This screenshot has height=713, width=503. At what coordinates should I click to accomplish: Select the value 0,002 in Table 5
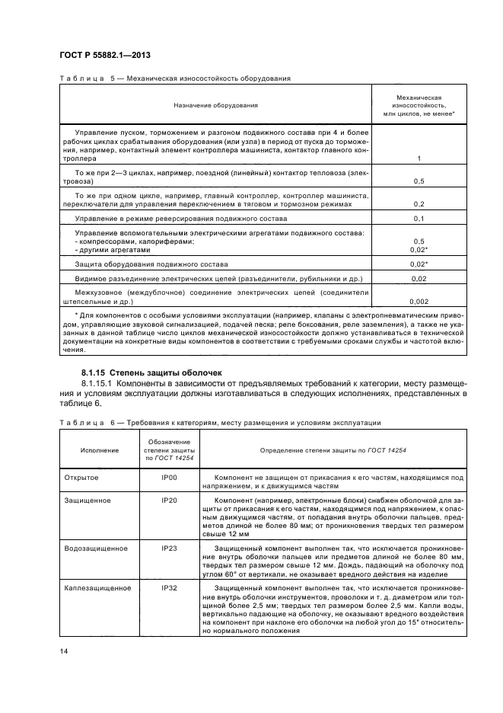pyautogui.click(x=419, y=302)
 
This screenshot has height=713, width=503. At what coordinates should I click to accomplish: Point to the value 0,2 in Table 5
pyautogui.click(x=419, y=205)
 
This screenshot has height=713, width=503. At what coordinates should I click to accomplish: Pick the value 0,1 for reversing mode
pyautogui.click(x=419, y=219)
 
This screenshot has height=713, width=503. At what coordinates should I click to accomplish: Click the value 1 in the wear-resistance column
pyautogui.click(x=419, y=158)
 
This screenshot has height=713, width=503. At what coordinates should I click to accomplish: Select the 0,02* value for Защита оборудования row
pyautogui.click(x=419, y=264)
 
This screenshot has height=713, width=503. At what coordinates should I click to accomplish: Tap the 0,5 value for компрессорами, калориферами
pyautogui.click(x=419, y=241)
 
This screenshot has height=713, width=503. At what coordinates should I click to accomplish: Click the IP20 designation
pyautogui.click(x=169, y=500)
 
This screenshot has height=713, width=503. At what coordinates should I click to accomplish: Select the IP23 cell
pyautogui.click(x=169, y=548)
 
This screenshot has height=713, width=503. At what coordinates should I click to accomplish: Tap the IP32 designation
pyautogui.click(x=169, y=589)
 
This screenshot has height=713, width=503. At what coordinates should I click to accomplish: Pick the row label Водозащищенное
pyautogui.click(x=94, y=548)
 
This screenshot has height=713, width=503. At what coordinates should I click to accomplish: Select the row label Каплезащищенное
pyautogui.click(x=96, y=589)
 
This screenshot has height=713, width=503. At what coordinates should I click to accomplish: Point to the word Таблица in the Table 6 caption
pyautogui.click(x=80, y=422)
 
